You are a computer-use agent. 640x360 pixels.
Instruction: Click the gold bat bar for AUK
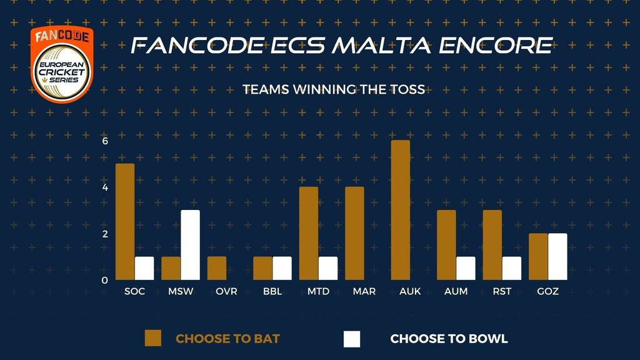coord(401,210)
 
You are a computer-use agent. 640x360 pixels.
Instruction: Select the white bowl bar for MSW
coord(190,245)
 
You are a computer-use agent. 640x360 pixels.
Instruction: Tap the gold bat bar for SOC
coord(125,222)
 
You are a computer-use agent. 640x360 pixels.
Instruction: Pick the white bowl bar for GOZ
coord(557,257)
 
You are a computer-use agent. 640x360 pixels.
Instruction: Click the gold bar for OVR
coord(217,268)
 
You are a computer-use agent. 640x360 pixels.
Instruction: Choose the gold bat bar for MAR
coord(354,234)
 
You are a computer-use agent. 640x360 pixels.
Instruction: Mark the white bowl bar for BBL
coord(282,268)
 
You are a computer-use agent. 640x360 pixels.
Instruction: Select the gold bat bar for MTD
coord(309,234)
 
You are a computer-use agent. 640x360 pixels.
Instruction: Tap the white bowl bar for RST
coord(511,268)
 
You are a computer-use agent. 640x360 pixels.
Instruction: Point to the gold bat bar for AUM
coord(446,245)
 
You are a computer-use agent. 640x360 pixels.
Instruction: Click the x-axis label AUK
coord(410,291)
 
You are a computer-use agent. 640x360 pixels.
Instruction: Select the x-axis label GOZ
coord(547,291)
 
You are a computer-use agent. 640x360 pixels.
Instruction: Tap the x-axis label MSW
coord(181,291)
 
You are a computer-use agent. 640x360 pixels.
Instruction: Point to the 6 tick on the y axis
coord(105,141)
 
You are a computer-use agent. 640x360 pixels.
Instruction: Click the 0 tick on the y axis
coord(105,281)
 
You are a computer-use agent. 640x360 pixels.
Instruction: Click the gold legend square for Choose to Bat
coord(153,338)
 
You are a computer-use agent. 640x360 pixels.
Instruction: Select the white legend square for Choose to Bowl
coord(352,339)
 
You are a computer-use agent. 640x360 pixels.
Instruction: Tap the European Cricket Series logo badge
coord(62,64)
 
